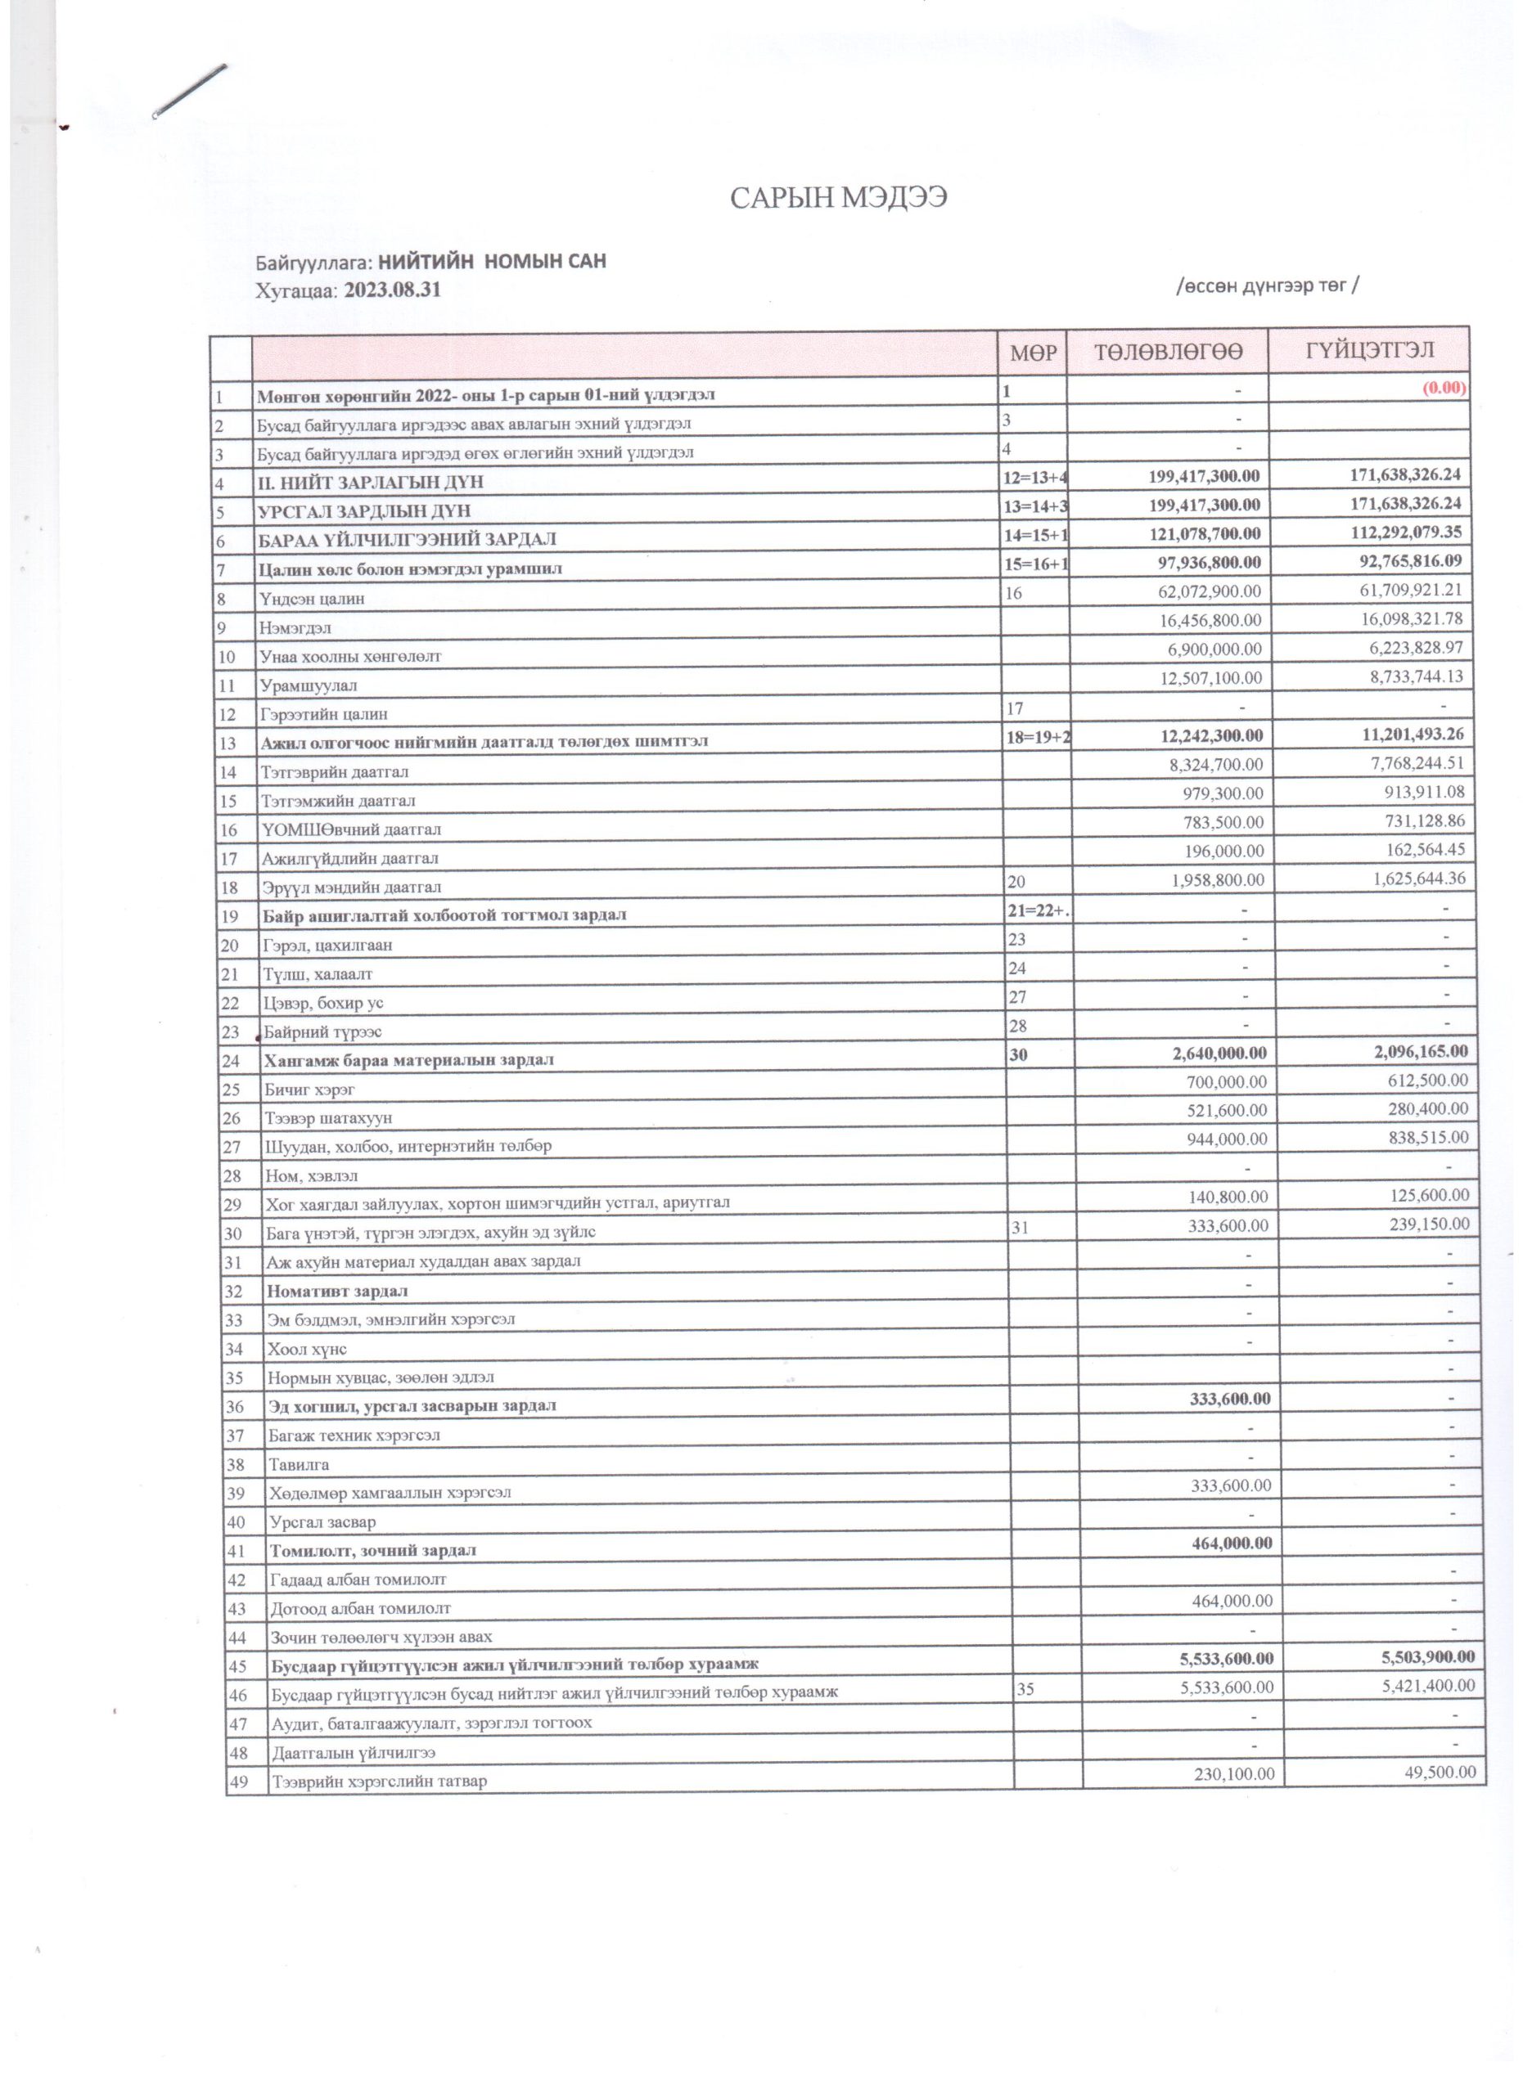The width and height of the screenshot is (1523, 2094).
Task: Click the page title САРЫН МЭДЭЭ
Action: point(838,199)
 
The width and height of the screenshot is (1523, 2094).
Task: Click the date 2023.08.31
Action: point(393,290)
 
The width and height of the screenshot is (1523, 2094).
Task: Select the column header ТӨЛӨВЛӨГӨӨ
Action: point(1168,352)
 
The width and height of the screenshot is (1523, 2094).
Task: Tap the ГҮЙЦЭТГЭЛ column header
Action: point(1369,350)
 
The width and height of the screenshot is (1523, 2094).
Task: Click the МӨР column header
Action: point(1033,353)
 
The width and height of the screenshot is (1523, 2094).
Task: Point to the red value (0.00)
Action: point(1444,388)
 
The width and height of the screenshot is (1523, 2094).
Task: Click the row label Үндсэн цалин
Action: point(312,598)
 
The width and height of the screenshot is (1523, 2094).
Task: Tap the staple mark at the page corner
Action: point(189,91)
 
